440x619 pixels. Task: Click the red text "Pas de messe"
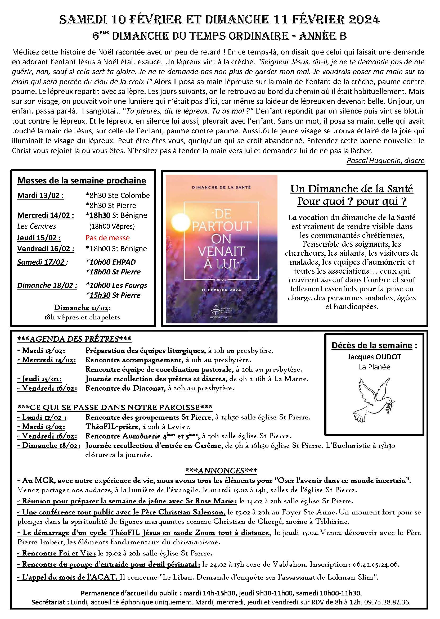pyautogui.click(x=107, y=238)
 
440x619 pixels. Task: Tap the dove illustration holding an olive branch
pyautogui.click(x=374, y=400)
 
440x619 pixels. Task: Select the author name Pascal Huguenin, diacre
pyautogui.click(x=385, y=161)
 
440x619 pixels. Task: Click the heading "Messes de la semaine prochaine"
pyautogui.click(x=82, y=180)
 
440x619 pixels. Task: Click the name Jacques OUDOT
pyautogui.click(x=374, y=357)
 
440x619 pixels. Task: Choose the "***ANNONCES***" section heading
pyautogui.click(x=221, y=471)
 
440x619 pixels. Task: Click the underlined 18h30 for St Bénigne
pyautogui.click(x=100, y=215)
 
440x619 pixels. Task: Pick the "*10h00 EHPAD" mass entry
pyautogui.click(x=111, y=262)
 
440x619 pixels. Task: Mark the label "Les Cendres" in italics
pyautogui.click(x=37, y=226)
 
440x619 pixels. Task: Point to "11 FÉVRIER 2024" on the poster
pyautogui.click(x=221, y=290)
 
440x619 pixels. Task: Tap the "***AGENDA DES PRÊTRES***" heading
pyautogui.click(x=74, y=339)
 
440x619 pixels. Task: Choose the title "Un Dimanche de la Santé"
pyautogui.click(x=351, y=189)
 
